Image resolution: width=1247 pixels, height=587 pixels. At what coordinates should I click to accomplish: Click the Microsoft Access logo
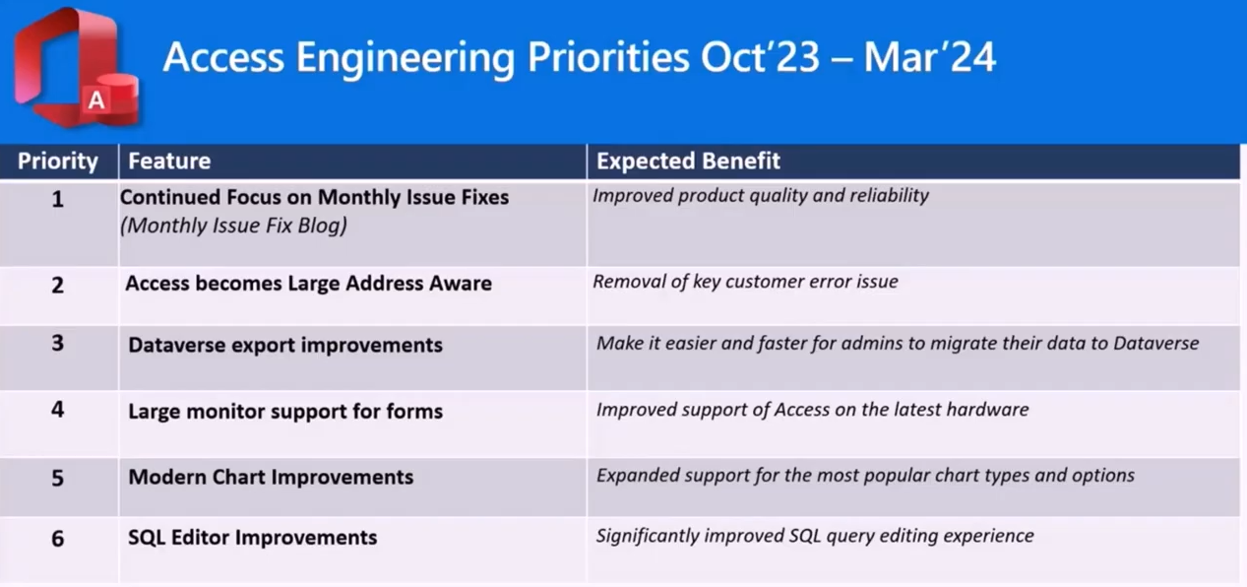[x=76, y=67]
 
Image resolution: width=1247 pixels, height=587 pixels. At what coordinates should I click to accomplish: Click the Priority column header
[x=58, y=161]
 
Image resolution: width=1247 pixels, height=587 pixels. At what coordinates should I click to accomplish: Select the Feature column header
[x=169, y=161]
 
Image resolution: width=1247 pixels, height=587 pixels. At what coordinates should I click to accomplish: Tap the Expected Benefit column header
[x=688, y=161]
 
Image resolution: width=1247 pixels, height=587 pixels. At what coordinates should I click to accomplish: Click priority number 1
[x=58, y=199]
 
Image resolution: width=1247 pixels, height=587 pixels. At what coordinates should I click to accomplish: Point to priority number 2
[x=58, y=286]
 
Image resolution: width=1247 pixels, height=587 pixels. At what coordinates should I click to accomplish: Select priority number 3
[x=58, y=343]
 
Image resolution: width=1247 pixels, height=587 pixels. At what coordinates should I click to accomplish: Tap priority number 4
[x=58, y=410]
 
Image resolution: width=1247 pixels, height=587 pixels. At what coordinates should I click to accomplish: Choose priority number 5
[x=58, y=479]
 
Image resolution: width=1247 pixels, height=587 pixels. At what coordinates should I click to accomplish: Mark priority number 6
[x=58, y=539]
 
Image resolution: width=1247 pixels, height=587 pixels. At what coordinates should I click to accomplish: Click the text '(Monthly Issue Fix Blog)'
[x=234, y=226]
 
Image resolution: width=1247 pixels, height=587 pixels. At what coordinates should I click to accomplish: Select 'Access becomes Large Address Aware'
[x=308, y=284]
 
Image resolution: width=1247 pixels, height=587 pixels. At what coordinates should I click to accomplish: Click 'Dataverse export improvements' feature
[x=285, y=346]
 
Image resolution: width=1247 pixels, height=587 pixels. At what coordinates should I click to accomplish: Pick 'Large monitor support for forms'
[x=285, y=412]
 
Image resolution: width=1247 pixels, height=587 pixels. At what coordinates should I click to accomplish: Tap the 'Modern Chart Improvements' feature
[x=271, y=478]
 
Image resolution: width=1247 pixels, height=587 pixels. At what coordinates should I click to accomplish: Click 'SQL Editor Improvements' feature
[x=253, y=538]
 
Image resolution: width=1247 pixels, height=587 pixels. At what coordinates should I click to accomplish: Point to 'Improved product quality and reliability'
[x=761, y=196]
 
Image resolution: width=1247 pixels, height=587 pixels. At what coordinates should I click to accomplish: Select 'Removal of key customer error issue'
[x=745, y=282]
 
